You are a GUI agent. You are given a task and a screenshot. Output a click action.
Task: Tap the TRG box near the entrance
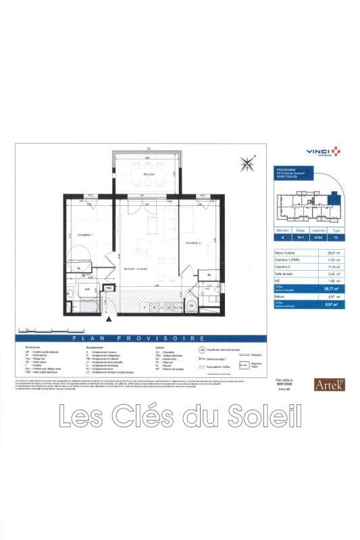pos(107,288)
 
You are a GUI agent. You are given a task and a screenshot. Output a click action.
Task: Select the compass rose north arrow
pos(246,163)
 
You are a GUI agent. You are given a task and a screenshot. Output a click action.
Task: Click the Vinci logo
pos(323,153)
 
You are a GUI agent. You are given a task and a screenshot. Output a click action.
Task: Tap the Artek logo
pos(330,385)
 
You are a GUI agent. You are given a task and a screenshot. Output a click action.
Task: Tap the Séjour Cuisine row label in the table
pos(286,251)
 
